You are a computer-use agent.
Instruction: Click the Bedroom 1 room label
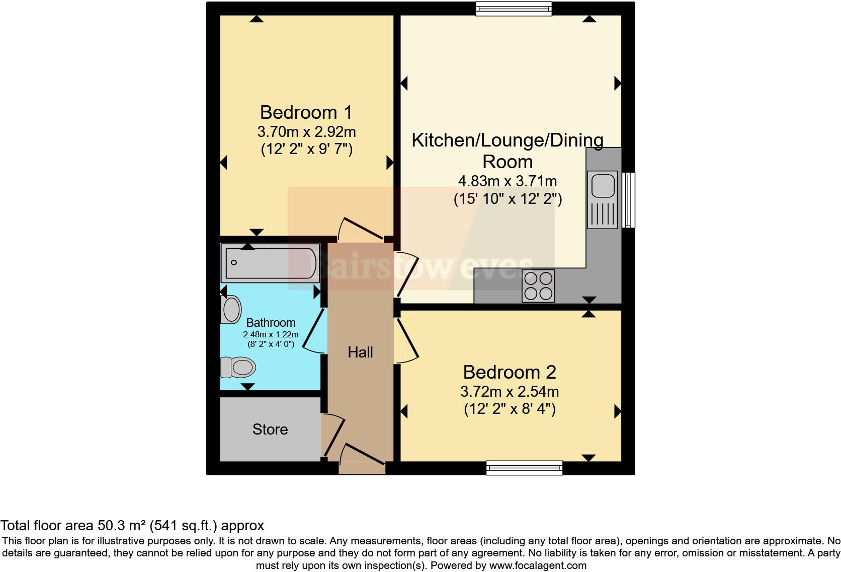pyautogui.click(x=306, y=112)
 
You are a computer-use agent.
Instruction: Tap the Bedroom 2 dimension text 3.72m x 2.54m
pyautogui.click(x=510, y=391)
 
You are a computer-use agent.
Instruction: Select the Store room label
pyautogui.click(x=270, y=429)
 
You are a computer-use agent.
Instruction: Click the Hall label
pyautogui.click(x=360, y=352)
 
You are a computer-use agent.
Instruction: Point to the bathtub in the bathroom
pyautogui.click(x=271, y=263)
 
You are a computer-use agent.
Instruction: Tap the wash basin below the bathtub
pyautogui.click(x=231, y=309)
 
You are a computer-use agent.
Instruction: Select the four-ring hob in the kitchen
pyautogui.click(x=538, y=286)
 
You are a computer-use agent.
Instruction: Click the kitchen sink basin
pyautogui.click(x=603, y=186)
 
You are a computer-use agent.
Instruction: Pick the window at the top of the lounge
pyautogui.click(x=514, y=9)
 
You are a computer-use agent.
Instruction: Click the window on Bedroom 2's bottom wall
pyautogui.click(x=524, y=468)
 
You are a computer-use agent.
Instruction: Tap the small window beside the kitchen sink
pyautogui.click(x=629, y=199)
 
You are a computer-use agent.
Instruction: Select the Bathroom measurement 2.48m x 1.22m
pyautogui.click(x=271, y=334)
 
